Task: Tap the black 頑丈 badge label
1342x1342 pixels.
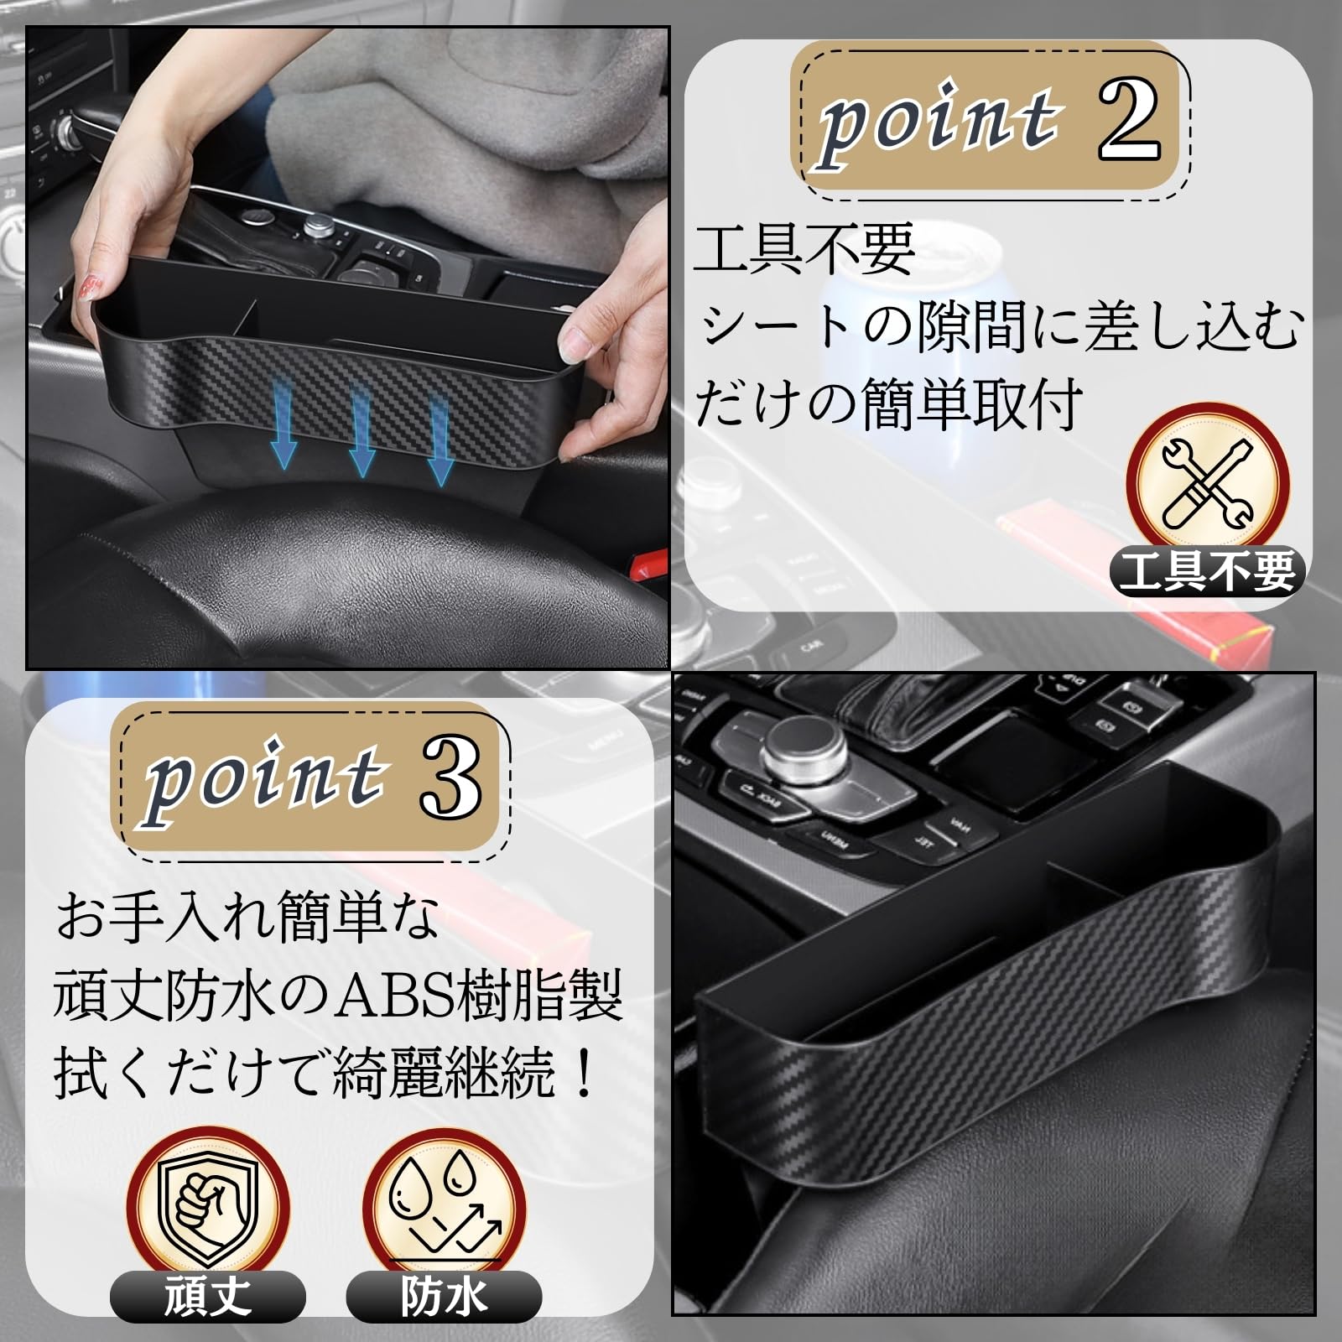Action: pyautogui.click(x=207, y=1297)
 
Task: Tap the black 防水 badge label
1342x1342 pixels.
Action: pyautogui.click(x=444, y=1297)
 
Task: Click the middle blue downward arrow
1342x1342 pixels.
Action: pyautogui.click(x=362, y=434)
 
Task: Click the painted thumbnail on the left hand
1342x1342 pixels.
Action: pyautogui.click(x=87, y=288)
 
